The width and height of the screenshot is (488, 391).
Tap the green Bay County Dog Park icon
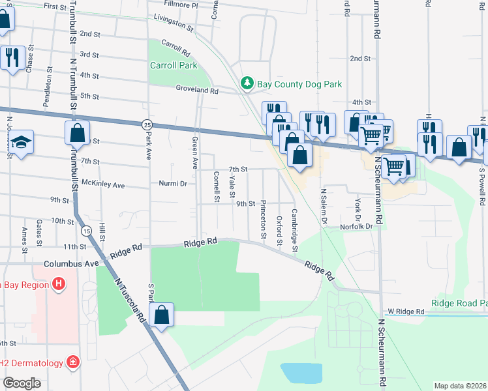[247, 83]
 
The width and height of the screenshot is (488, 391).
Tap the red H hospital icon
[59, 284]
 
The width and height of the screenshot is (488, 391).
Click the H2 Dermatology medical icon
[74, 362]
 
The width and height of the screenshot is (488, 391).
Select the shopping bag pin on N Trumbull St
[77, 133]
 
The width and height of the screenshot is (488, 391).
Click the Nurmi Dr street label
[173, 184]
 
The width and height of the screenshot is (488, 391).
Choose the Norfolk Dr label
[356, 227]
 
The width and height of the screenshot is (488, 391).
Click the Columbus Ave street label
[71, 264]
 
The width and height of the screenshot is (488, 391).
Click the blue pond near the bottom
[300, 373]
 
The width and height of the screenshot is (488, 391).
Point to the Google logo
[22, 383]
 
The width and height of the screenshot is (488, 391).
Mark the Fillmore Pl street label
[172, 5]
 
